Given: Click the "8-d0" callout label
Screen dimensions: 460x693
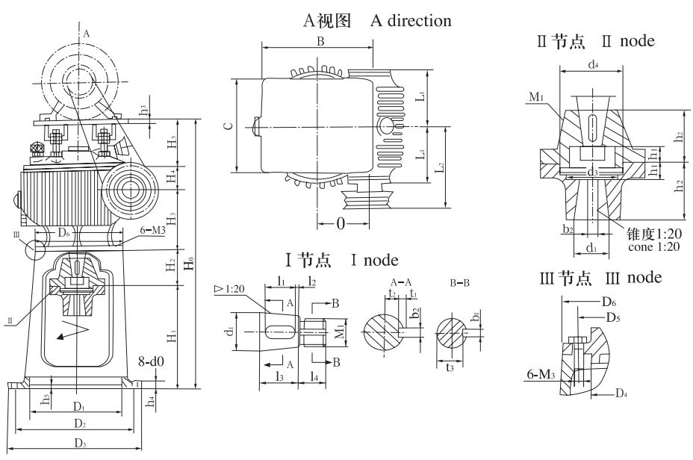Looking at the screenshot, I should click(153, 366).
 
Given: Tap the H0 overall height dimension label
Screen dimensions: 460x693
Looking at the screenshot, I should click(191, 262).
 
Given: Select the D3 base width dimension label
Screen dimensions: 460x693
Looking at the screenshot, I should click(78, 444).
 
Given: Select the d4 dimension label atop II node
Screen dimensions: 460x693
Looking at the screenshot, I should click(592, 66).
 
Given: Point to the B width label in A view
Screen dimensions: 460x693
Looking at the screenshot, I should click(320, 43).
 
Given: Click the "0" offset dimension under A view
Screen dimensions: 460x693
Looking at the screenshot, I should click(339, 223).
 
